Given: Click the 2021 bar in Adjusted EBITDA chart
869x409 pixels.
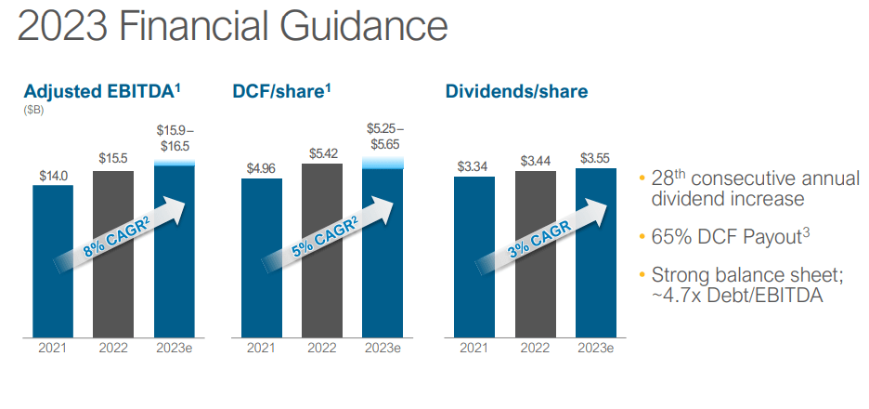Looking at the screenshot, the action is [x=53, y=261].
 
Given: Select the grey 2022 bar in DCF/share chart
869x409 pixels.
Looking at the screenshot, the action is [x=322, y=250].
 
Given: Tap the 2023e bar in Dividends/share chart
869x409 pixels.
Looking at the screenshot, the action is [x=596, y=253].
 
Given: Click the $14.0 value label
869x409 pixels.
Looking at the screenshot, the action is [x=53, y=176].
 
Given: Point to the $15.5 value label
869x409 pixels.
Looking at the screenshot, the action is [x=113, y=158].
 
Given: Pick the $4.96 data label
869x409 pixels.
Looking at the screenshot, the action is [x=261, y=168].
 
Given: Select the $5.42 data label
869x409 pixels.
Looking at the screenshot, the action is [x=322, y=153].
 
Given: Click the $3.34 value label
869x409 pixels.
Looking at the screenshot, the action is [x=473, y=166].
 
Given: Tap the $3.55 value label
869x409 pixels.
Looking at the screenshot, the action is [x=596, y=158].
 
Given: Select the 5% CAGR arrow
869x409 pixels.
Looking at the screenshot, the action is [x=329, y=234].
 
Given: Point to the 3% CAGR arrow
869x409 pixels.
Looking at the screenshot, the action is [x=542, y=234].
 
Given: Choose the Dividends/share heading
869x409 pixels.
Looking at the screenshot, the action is [x=516, y=92].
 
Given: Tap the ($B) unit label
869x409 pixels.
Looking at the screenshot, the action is [x=33, y=111].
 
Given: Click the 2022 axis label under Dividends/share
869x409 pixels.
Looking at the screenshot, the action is [x=536, y=349].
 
